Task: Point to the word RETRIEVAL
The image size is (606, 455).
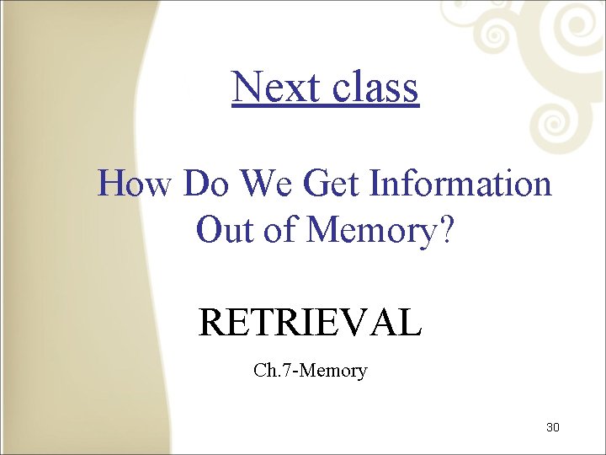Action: [x=309, y=323]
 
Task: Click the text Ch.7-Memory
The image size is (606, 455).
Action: [x=310, y=370]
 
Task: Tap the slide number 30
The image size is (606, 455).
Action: [x=552, y=427]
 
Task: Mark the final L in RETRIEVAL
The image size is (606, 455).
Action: [x=410, y=323]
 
